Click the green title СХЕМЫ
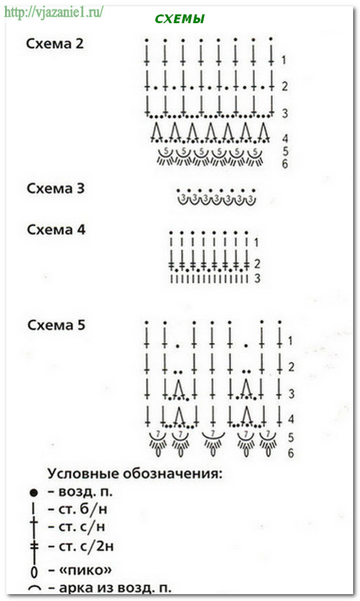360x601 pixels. pyautogui.click(x=180, y=19)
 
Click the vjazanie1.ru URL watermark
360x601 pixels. pyautogui.click(x=53, y=12)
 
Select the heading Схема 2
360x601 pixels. pyautogui.click(x=54, y=44)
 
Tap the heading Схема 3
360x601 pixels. pyautogui.click(x=56, y=188)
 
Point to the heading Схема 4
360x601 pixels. pyautogui.click(x=56, y=230)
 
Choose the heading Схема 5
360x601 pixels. pyautogui.click(x=56, y=325)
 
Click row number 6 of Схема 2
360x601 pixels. pyautogui.click(x=285, y=164)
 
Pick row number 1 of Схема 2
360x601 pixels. pyautogui.click(x=284, y=60)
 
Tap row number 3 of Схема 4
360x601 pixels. pyautogui.click(x=257, y=278)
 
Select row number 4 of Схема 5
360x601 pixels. pyautogui.click(x=291, y=419)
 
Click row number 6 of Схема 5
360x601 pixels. pyautogui.click(x=291, y=453)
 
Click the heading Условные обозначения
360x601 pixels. pyautogui.click(x=135, y=474)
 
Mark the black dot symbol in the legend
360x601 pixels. pyautogui.click(x=34, y=493)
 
